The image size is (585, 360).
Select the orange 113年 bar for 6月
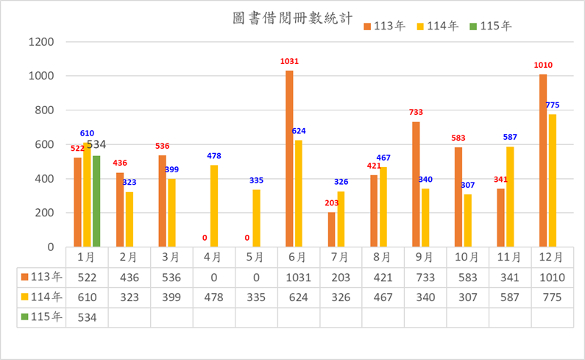pos(289,158)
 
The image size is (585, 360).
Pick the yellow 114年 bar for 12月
pos(553,180)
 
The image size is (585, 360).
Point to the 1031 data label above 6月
pos(290,62)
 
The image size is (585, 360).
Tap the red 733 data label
pos(417,112)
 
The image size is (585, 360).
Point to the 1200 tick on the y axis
pos(41,42)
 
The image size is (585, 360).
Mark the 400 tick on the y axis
pos(44,179)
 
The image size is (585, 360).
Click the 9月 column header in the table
pos(425,258)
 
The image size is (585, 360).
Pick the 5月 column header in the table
pos(256,258)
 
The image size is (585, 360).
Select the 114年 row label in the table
pos(44,297)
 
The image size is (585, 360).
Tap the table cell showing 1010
pos(552,278)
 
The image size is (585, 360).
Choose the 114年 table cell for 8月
pos(383,297)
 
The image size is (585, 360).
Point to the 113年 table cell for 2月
pos(130,278)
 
